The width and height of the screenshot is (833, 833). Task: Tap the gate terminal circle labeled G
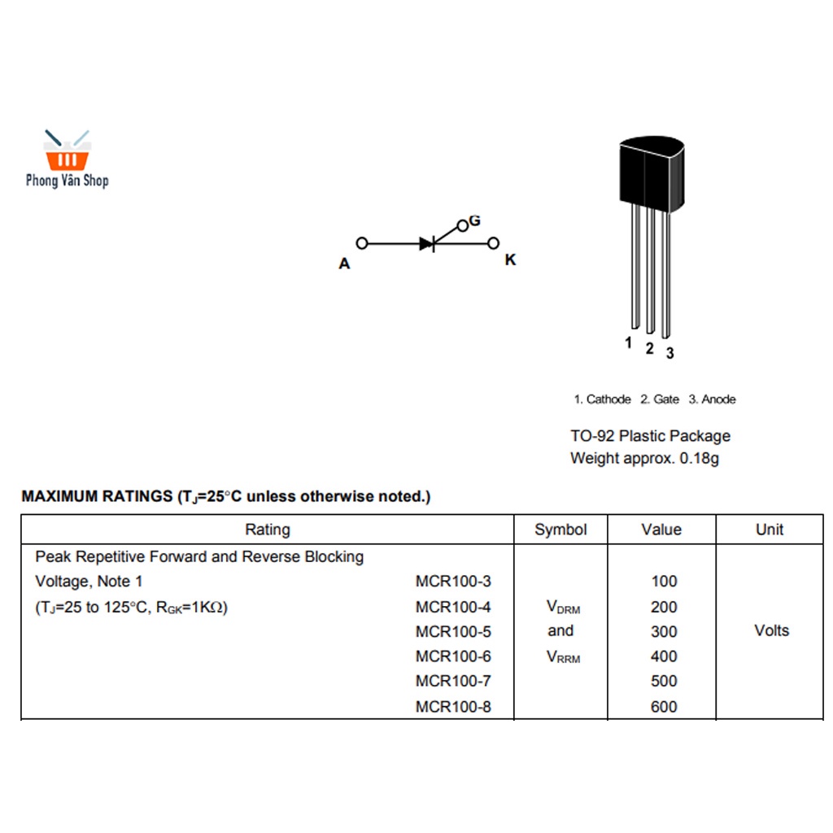tap(463, 225)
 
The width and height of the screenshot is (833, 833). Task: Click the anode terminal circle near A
tap(362, 243)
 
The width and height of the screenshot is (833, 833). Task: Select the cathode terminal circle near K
tap(493, 243)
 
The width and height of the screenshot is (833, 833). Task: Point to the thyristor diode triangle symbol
tap(427, 243)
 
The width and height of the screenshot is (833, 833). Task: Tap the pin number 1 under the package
tap(628, 343)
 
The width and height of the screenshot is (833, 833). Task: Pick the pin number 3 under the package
tap(669, 353)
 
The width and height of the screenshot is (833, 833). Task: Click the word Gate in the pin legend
tap(665, 399)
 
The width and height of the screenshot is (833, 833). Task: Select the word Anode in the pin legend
tap(718, 399)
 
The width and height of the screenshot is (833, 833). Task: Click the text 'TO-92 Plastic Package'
tap(650, 436)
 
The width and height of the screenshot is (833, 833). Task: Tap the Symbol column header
tap(560, 530)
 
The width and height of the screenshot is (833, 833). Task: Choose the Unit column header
tap(770, 530)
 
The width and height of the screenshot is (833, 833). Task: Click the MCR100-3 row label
tap(453, 582)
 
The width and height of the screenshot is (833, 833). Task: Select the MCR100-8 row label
tap(453, 707)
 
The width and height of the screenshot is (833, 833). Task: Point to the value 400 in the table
tap(664, 656)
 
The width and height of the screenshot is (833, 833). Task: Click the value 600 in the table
tap(664, 707)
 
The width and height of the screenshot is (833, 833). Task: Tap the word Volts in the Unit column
tap(771, 630)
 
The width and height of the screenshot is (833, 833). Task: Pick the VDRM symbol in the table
tap(563, 608)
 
